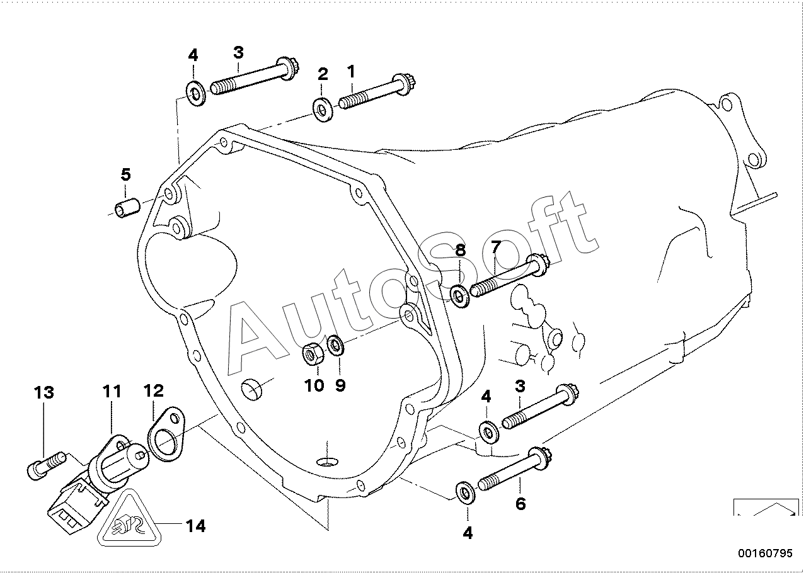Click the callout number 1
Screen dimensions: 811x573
tap(352, 72)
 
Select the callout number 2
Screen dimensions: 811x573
tap(323, 74)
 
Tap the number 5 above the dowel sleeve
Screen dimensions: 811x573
tap(125, 174)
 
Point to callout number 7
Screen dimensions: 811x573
tap(496, 247)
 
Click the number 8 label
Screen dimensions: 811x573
tap(460, 251)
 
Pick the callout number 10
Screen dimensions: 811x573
tap(314, 385)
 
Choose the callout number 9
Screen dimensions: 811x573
tap(340, 385)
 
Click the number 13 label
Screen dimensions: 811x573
tap(44, 392)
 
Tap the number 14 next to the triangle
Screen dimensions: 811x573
tap(195, 526)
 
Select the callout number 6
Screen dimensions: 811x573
tap(521, 504)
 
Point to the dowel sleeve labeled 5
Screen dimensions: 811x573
tap(127, 207)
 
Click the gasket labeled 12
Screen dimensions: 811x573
tap(166, 434)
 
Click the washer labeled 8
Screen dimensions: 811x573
tap(460, 297)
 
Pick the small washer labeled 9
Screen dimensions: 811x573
tap(336, 346)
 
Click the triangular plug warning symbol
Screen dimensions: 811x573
tap(129, 519)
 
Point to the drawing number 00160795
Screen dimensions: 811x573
tap(766, 553)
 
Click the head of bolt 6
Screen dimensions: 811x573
tap(539, 458)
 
